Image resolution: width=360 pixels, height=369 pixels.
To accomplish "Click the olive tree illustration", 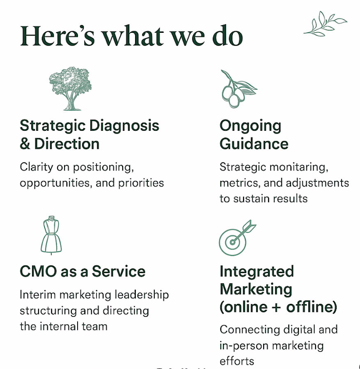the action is pyautogui.click(x=70, y=89).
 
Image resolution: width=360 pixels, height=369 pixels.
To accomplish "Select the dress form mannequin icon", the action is pyautogui.click(x=51, y=235).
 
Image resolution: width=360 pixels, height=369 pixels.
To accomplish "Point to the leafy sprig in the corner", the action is pyautogui.click(x=325, y=23).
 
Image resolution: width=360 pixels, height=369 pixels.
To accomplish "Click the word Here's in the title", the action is pyautogui.click(x=57, y=36).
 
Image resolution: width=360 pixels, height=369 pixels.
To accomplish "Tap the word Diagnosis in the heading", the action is pyautogui.click(x=124, y=126).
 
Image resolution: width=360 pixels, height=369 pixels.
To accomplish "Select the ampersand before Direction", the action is pyautogui.click(x=25, y=143).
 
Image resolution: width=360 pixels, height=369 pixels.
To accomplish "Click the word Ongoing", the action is pyautogui.click(x=250, y=126).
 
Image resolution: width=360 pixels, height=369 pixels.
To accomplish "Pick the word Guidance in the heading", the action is pyautogui.click(x=254, y=143).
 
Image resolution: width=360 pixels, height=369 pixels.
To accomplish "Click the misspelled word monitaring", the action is pyautogui.click(x=299, y=167).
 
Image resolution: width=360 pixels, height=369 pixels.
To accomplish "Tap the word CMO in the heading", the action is pyautogui.click(x=39, y=271).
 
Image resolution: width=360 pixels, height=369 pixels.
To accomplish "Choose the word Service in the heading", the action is pyautogui.click(x=119, y=271).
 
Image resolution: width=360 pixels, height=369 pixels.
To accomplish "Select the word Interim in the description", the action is pyautogui.click(x=38, y=295).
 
